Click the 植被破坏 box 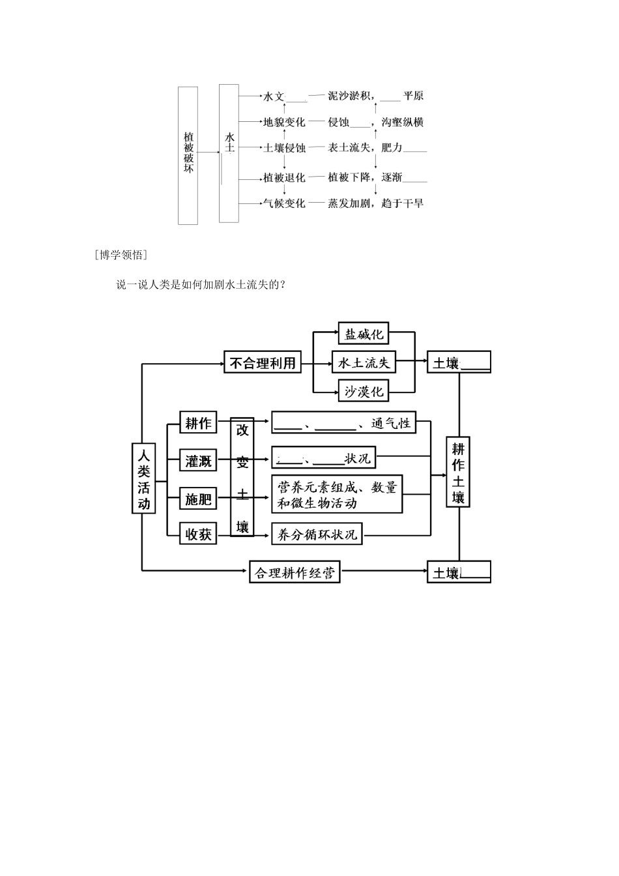click(188, 155)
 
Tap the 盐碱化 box click(364, 334)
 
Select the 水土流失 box click(364, 362)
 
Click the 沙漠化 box click(364, 392)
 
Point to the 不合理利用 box click(263, 362)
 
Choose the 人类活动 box click(143, 478)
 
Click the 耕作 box click(198, 422)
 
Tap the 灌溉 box click(198, 461)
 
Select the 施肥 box click(198, 499)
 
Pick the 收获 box click(198, 534)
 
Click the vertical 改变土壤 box click(242, 478)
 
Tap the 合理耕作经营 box click(295, 573)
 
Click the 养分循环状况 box click(317, 534)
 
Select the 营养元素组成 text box click(337, 495)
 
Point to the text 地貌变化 click(284, 122)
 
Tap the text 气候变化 click(284, 203)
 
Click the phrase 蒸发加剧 click(349, 203)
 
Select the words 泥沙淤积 click(349, 96)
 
